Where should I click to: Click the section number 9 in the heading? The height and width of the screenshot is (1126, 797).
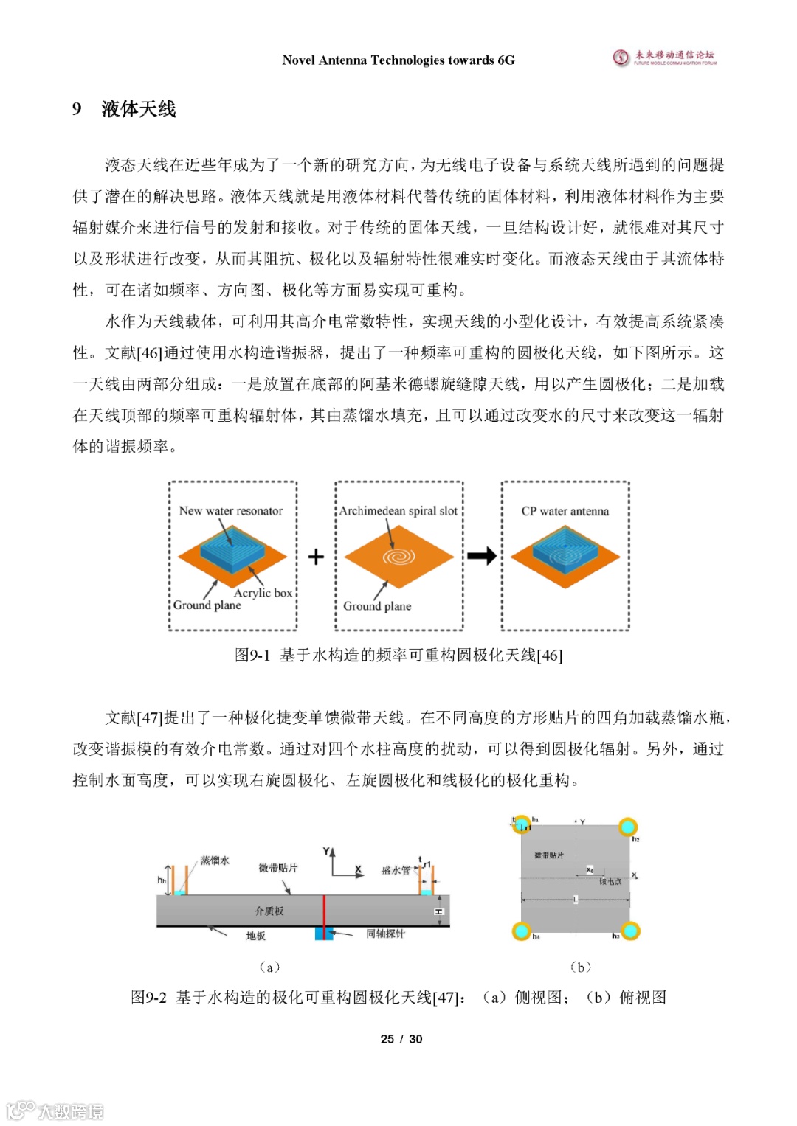coord(77,109)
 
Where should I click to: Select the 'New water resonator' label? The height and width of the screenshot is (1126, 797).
coord(230,510)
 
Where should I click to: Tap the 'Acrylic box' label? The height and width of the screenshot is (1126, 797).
coord(263,592)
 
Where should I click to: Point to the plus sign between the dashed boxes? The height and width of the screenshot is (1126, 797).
coord(316,557)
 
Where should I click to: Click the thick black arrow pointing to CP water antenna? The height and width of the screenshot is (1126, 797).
coord(482,556)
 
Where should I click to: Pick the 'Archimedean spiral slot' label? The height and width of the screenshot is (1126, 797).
coord(398,510)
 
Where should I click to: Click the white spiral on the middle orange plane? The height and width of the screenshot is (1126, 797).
coord(398,557)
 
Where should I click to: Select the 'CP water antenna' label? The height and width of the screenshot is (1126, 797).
coord(565,511)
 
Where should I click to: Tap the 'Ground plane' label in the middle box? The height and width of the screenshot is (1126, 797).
coord(377,606)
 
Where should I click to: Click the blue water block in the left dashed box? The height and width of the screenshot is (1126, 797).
coord(232,549)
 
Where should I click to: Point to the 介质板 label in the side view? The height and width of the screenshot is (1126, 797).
coord(269,911)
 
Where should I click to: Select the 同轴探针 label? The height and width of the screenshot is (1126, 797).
coord(385,934)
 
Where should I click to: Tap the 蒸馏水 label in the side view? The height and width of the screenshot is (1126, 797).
coord(215,861)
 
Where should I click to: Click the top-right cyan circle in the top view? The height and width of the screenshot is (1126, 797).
coord(627,826)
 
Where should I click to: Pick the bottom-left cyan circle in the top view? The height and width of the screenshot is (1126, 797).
coord(522,931)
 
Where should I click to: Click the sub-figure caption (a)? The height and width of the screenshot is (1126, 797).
coord(269,967)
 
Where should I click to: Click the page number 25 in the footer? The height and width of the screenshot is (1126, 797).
coord(387,1039)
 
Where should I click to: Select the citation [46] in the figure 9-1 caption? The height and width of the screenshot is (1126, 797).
coord(549,655)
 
